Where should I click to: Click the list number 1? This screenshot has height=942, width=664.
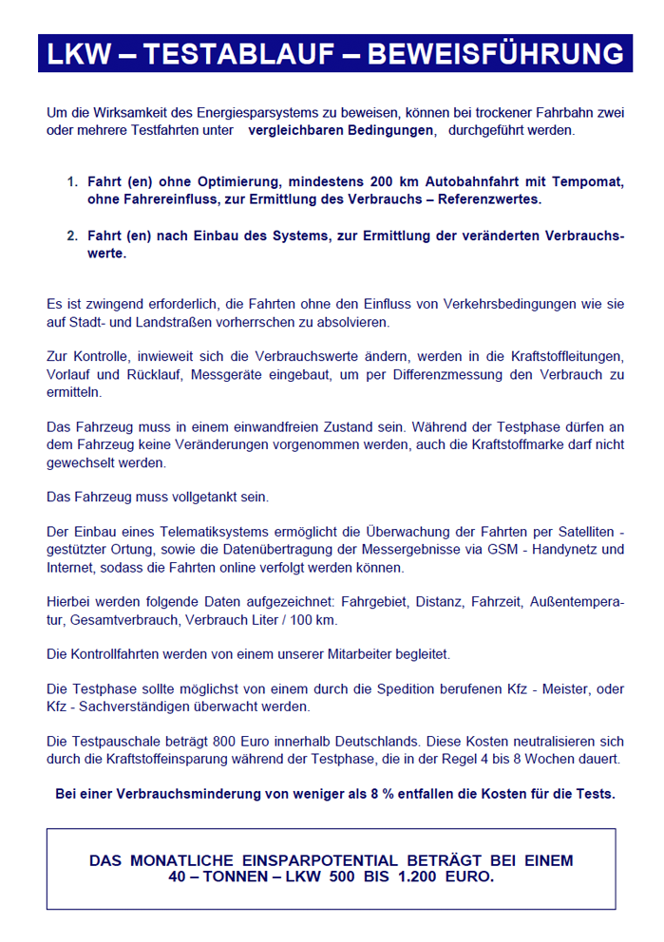click(71, 181)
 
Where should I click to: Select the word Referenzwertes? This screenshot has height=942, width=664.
click(490, 198)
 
